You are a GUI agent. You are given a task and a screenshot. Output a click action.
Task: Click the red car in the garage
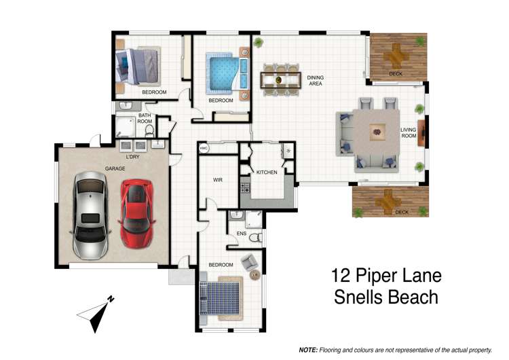(x=136, y=213)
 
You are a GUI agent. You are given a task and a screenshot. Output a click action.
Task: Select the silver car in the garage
(x=88, y=215)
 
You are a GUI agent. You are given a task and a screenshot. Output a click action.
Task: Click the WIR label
(x=218, y=181)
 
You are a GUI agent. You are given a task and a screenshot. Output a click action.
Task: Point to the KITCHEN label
(x=266, y=173)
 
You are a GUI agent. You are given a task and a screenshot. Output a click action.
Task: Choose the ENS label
(x=241, y=234)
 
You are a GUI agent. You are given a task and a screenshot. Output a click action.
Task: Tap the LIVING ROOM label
(x=408, y=133)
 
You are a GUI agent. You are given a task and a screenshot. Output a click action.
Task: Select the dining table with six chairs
(x=280, y=79)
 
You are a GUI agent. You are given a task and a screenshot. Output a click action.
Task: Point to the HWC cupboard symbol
(x=203, y=147)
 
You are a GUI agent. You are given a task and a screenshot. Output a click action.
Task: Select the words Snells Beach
(x=385, y=298)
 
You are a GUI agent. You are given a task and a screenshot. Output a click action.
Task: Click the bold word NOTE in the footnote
(x=309, y=349)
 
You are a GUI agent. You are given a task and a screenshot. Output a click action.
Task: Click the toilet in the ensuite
(x=255, y=238)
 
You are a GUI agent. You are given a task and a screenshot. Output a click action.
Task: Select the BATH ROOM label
(x=145, y=118)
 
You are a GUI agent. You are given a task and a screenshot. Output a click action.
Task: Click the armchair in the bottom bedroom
(x=249, y=261)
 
